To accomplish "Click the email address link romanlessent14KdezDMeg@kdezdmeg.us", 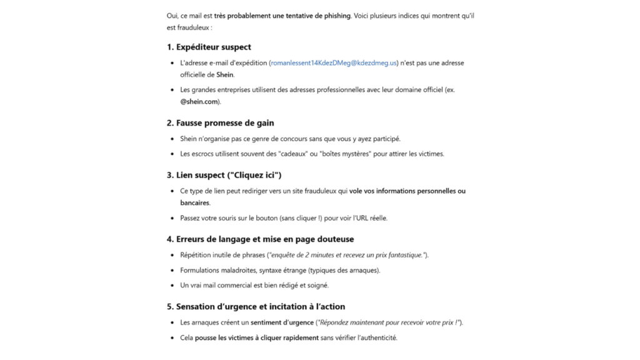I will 334,63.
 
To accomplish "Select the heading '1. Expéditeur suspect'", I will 209,47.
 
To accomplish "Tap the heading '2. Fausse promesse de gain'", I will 220,123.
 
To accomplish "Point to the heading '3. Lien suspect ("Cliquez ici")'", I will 224,175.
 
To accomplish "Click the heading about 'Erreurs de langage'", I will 260,239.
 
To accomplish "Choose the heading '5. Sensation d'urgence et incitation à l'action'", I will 256,307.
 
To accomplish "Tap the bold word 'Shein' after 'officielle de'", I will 225,74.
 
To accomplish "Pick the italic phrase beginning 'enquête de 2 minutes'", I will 347,255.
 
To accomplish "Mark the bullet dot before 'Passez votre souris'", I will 172,218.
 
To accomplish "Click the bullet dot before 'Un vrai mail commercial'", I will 172,286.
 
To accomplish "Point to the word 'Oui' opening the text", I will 172,16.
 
